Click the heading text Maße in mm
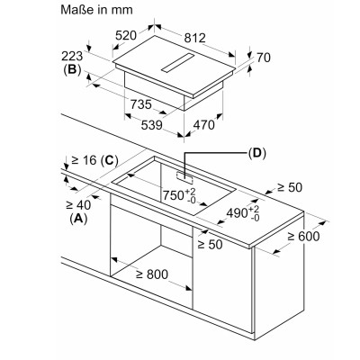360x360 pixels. pos(96,10)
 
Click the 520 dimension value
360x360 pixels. pos(126,35)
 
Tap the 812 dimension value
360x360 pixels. pos(195,38)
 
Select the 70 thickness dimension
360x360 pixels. pos(264,58)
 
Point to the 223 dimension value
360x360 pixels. pos(72,56)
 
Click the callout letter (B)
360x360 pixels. pos(72,69)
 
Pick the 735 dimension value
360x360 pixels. pos(141,104)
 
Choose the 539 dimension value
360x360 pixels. pos(152,125)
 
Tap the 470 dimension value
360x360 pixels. pos(204,125)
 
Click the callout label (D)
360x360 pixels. pos(257,153)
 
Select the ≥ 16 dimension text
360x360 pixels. pos(84,160)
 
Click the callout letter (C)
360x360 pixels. pos(109,161)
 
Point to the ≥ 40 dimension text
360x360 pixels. pos(78,205)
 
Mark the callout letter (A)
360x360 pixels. pos(78,219)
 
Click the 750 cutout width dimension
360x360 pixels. pos(179,195)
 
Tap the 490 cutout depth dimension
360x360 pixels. pos(243,213)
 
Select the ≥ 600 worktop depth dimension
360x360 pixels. pos(303,237)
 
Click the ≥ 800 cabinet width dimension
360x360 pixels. pos(152,274)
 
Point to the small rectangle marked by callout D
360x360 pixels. pos(184,177)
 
